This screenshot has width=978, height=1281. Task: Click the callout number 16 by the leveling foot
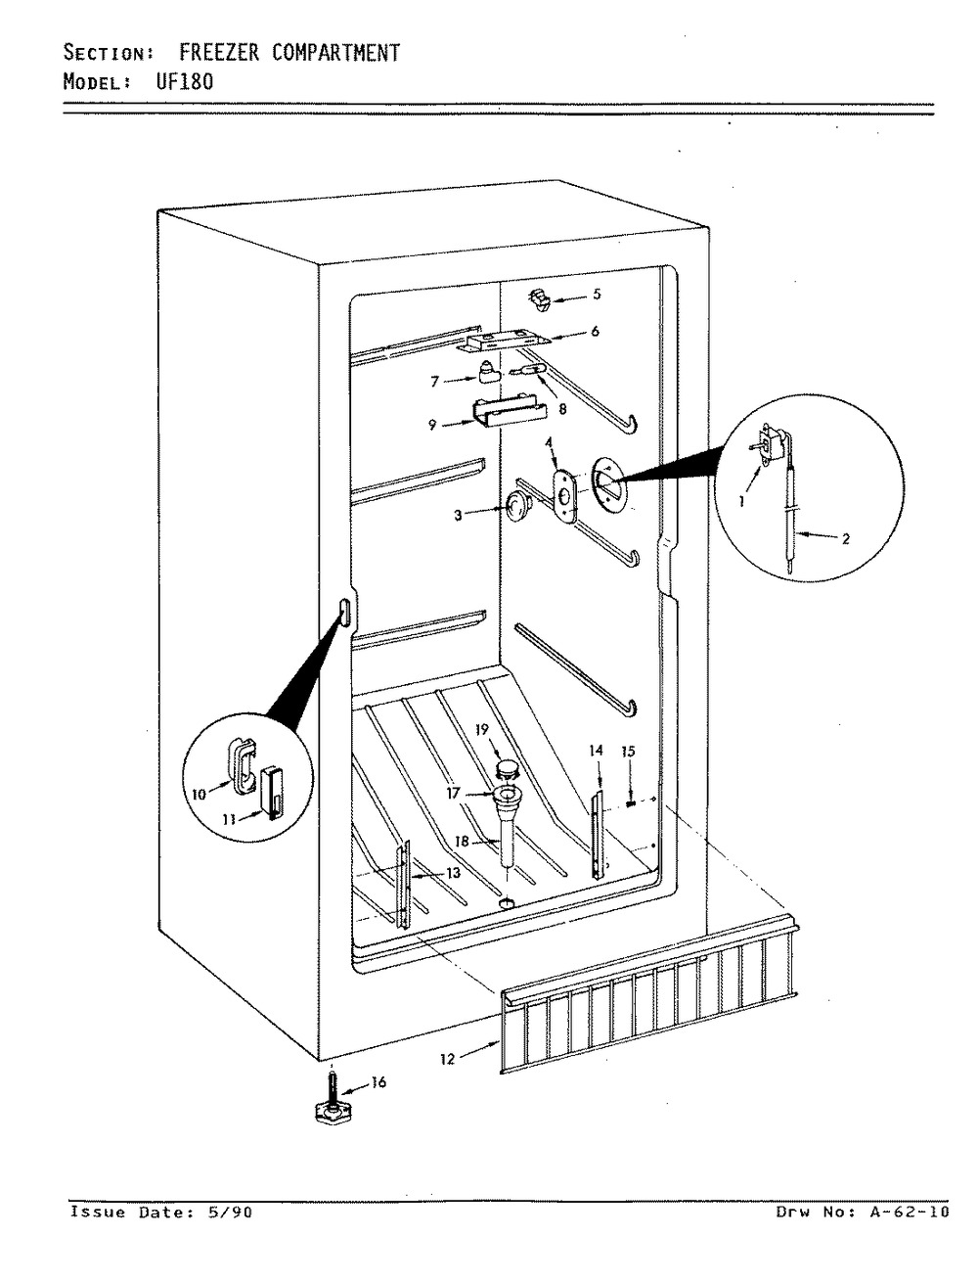click(x=379, y=1081)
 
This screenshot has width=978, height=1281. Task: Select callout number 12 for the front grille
click(x=447, y=1059)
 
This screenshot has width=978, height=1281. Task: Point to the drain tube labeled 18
click(x=510, y=834)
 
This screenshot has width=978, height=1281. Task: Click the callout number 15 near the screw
click(x=628, y=752)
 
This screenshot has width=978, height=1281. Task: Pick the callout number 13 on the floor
click(x=452, y=873)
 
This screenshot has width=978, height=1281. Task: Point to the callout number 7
click(x=435, y=382)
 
